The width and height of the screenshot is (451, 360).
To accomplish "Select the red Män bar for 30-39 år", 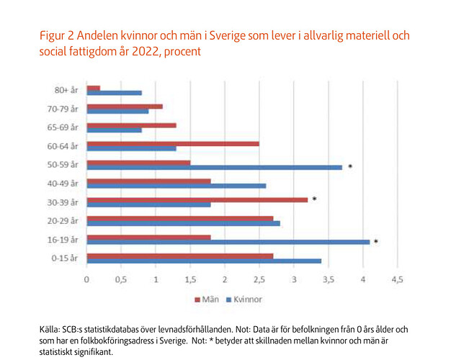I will click(197, 199).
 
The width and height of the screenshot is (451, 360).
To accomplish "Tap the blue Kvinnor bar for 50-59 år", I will click(214, 167).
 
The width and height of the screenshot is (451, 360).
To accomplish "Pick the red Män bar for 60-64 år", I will click(173, 143).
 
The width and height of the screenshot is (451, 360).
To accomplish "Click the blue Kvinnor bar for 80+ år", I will click(114, 92).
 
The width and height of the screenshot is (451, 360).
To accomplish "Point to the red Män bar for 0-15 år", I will click(179, 255).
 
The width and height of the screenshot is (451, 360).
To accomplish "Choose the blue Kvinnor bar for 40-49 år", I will click(176, 186).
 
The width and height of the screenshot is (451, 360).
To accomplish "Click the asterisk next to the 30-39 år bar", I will click(315, 199).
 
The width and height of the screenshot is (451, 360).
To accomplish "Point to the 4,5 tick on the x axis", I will click(396, 279).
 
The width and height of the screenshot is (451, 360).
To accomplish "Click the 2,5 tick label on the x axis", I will click(259, 279).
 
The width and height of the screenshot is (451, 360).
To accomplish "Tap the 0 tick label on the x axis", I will click(86, 279).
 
